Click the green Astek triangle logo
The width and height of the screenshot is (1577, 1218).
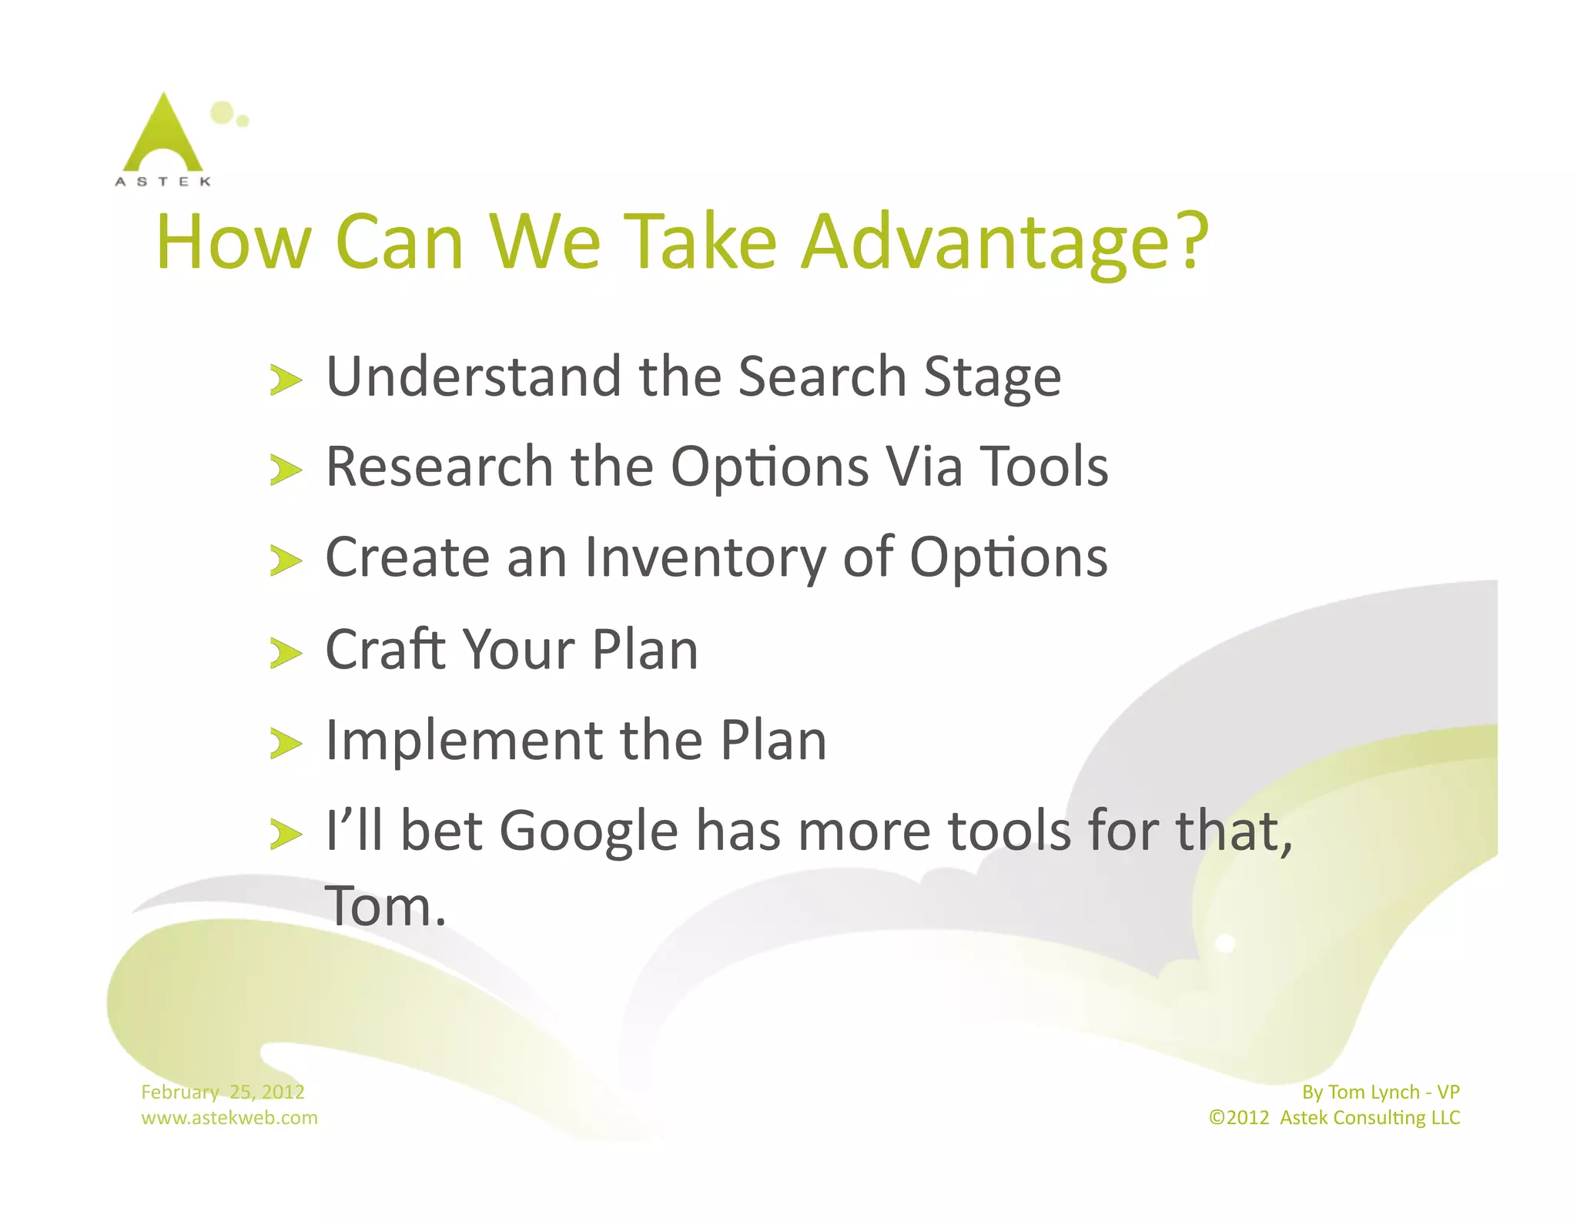163,135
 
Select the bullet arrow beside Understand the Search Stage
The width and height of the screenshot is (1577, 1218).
286,380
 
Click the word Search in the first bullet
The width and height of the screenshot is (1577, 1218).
822,377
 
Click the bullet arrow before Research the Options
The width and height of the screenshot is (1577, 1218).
286,470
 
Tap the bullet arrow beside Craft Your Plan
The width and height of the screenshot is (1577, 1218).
286,654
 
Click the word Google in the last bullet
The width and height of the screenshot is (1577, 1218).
589,832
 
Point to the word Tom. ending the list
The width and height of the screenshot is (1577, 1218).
385,906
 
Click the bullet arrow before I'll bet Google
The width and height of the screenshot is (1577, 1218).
286,835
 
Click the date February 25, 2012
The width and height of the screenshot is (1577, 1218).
223,1092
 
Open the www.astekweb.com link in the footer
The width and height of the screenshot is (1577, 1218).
229,1118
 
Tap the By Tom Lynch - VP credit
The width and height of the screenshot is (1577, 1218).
1380,1092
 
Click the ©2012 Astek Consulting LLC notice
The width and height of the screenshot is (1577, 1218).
1334,1118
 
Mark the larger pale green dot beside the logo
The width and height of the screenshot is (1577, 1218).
222,112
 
